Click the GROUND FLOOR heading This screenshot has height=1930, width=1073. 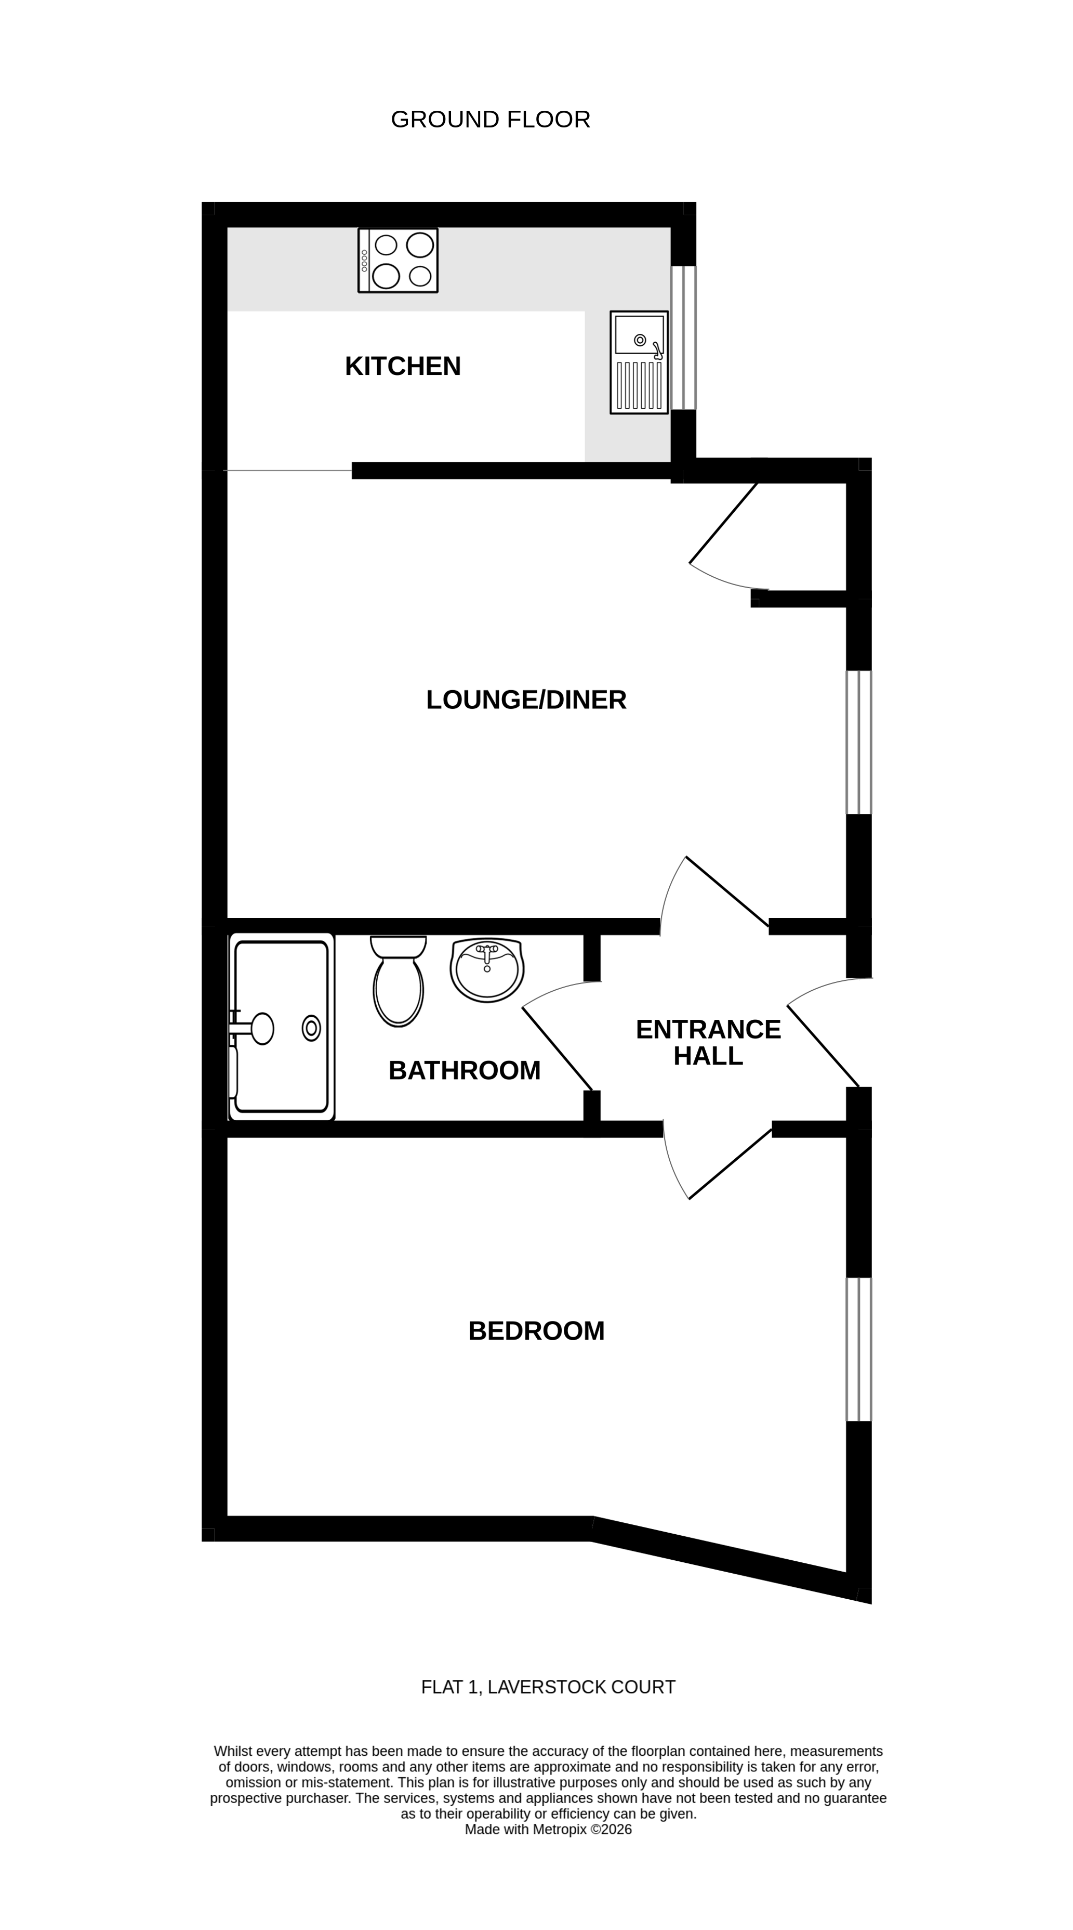491,120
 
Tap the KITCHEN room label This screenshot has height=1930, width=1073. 402,366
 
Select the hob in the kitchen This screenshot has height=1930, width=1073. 398,261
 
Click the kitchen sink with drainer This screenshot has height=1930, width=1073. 639,362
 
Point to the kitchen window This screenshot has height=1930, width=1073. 683,338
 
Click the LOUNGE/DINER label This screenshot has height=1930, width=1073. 526,700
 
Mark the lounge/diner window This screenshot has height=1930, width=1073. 858,742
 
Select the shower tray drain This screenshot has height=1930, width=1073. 311,1028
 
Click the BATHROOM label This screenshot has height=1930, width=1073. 464,1071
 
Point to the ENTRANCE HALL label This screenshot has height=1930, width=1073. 708,1042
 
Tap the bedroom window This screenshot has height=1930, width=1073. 858,1349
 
